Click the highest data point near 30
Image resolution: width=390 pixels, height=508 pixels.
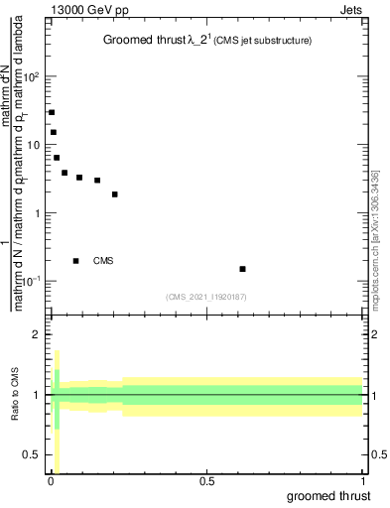click(52, 112)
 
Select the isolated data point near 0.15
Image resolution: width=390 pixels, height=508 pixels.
click(242, 269)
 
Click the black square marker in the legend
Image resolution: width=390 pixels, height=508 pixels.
click(75, 261)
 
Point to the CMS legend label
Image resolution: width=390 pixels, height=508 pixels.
click(103, 261)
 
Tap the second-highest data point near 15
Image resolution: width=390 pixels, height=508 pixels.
click(54, 132)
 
